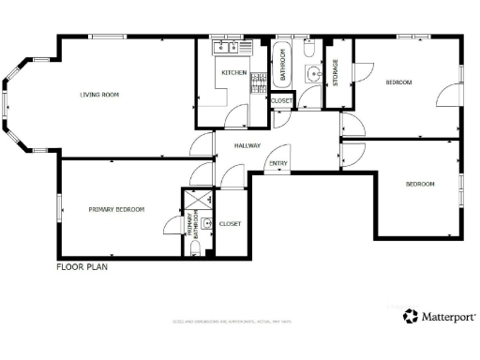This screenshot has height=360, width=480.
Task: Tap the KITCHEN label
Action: pyautogui.click(x=232, y=72)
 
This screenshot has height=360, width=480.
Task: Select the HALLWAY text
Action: pyautogui.click(x=247, y=145)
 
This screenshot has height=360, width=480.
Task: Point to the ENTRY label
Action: pyautogui.click(x=277, y=166)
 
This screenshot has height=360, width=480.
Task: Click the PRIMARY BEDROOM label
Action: pyautogui.click(x=116, y=209)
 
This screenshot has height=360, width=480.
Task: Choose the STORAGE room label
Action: pyautogui.click(x=335, y=73)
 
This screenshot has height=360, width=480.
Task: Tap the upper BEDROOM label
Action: pyautogui.click(x=398, y=82)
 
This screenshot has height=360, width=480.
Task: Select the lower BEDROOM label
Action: pyautogui.click(x=420, y=184)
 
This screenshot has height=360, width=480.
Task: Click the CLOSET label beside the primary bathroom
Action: pyautogui.click(x=230, y=224)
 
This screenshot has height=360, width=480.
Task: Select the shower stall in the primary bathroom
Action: pyautogui.click(x=198, y=201)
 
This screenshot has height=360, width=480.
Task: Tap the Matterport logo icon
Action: pyautogui.click(x=411, y=317)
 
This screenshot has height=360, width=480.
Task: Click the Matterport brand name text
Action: pyautogui.click(x=448, y=318)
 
